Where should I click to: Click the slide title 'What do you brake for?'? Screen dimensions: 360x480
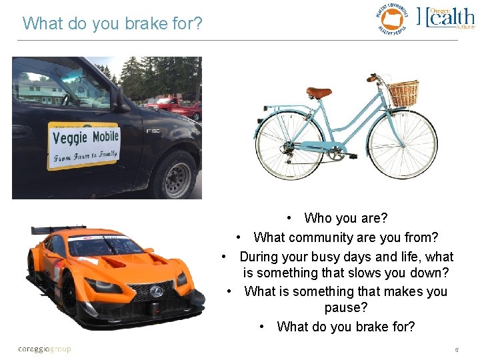(x=112, y=23)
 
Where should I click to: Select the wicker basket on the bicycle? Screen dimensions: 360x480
(x=403, y=93)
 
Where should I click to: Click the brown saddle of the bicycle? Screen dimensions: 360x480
(x=319, y=93)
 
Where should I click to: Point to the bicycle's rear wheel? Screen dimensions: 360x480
(x=289, y=144)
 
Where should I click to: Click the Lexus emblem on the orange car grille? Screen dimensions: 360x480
(x=155, y=291)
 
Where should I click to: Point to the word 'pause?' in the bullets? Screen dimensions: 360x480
(x=346, y=308)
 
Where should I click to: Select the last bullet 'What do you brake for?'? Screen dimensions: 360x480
(x=345, y=327)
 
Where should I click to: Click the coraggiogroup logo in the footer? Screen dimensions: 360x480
(x=44, y=349)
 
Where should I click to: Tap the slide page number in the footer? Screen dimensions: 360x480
(x=457, y=349)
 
